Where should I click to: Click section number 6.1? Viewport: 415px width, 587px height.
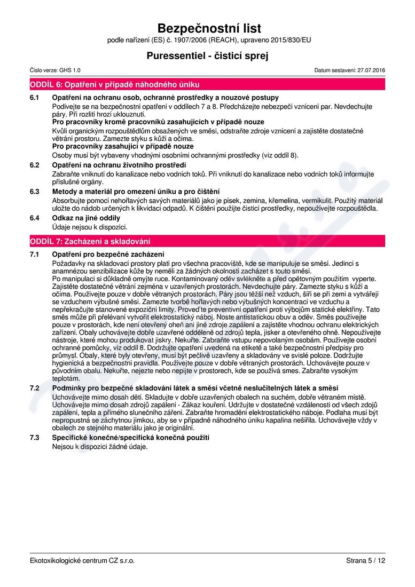pos(35,98)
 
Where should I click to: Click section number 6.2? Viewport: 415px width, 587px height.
pos(35,165)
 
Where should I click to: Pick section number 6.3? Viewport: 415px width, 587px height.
pos(35,192)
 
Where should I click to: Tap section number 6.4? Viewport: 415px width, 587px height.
pos(35,218)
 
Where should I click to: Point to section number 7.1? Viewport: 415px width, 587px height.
pos(35,254)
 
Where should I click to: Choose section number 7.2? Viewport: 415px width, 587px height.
pos(35,387)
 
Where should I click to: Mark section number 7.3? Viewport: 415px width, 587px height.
pos(35,438)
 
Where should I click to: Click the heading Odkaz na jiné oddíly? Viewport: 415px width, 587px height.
pos(86,218)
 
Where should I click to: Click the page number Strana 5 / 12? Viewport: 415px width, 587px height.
pos(365,561)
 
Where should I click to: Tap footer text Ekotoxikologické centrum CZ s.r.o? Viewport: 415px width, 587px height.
pos(82,561)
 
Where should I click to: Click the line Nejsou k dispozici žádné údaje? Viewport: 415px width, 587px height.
pos(99,446)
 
